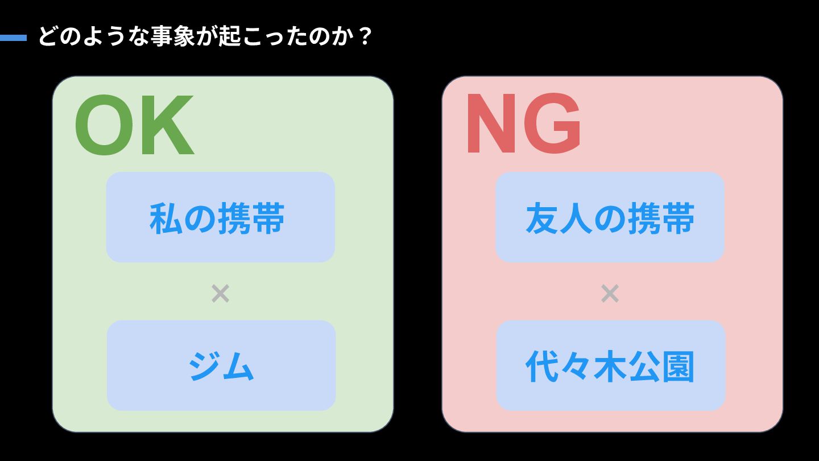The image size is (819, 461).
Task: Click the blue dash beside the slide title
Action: [x=13, y=38]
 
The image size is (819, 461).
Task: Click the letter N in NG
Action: [x=494, y=124]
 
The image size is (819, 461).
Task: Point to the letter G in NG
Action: [x=552, y=124]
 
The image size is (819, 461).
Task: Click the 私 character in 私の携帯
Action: [x=166, y=219]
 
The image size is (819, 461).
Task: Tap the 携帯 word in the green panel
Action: [x=251, y=219]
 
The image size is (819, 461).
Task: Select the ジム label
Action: [x=221, y=367]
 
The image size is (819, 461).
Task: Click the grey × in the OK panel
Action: [x=220, y=294]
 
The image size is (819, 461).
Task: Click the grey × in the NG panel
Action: [x=610, y=294]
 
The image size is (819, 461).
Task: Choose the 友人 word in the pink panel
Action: [x=559, y=219]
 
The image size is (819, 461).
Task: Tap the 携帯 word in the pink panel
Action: [x=661, y=219]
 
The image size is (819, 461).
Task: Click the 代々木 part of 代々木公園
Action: [x=576, y=367]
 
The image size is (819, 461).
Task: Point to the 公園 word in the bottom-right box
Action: [x=661, y=367]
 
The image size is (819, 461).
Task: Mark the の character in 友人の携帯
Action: [x=610, y=219]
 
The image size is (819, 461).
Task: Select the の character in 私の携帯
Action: [x=200, y=219]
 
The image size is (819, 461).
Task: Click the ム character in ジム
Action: [x=238, y=367]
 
